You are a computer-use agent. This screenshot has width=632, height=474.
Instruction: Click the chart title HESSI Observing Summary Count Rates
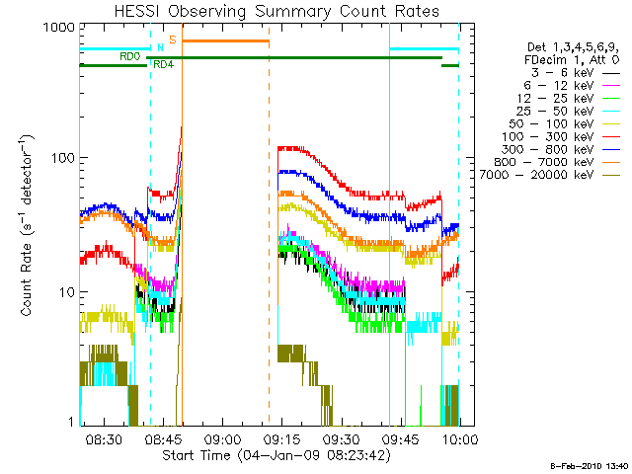click(x=276, y=11)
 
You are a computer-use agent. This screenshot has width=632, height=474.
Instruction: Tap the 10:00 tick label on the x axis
click(x=459, y=437)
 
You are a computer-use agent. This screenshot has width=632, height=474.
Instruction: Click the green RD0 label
click(x=129, y=56)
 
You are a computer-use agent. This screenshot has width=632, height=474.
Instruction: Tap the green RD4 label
click(x=164, y=65)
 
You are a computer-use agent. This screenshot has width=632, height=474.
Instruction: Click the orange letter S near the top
click(x=172, y=39)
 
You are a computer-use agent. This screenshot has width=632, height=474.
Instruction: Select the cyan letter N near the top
click(x=160, y=47)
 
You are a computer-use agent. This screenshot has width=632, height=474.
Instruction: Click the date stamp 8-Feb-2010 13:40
click(x=590, y=465)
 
